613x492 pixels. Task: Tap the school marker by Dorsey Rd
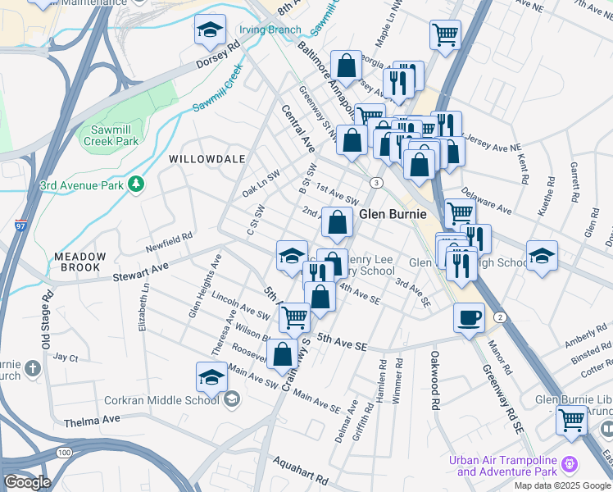click(x=210, y=32)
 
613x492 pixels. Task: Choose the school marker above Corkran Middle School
click(x=211, y=377)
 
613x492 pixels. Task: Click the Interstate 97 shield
click(x=20, y=224)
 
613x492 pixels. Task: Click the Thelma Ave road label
click(x=92, y=419)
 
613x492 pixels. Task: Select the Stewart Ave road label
click(x=140, y=266)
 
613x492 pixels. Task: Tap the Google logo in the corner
click(x=27, y=482)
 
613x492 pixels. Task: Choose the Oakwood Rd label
click(x=435, y=380)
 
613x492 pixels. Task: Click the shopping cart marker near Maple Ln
click(x=445, y=34)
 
